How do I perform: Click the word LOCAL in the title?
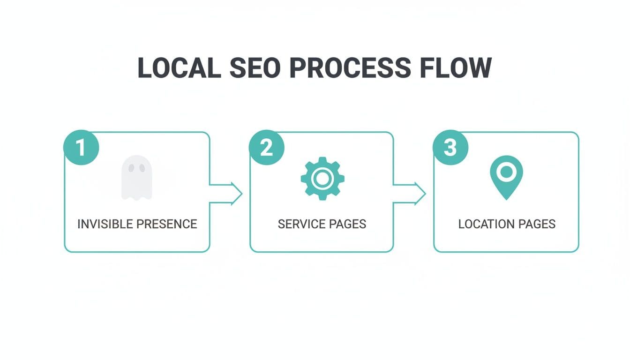[179, 68]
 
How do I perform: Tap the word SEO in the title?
[255, 68]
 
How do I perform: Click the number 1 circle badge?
[81, 148]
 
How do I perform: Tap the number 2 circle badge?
[266, 148]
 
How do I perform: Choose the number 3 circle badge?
[450, 148]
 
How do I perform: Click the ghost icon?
[136, 178]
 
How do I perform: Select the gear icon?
[322, 179]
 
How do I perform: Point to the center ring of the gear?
[322, 179]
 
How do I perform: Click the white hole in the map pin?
[506, 172]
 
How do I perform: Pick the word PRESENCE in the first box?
[167, 224]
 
